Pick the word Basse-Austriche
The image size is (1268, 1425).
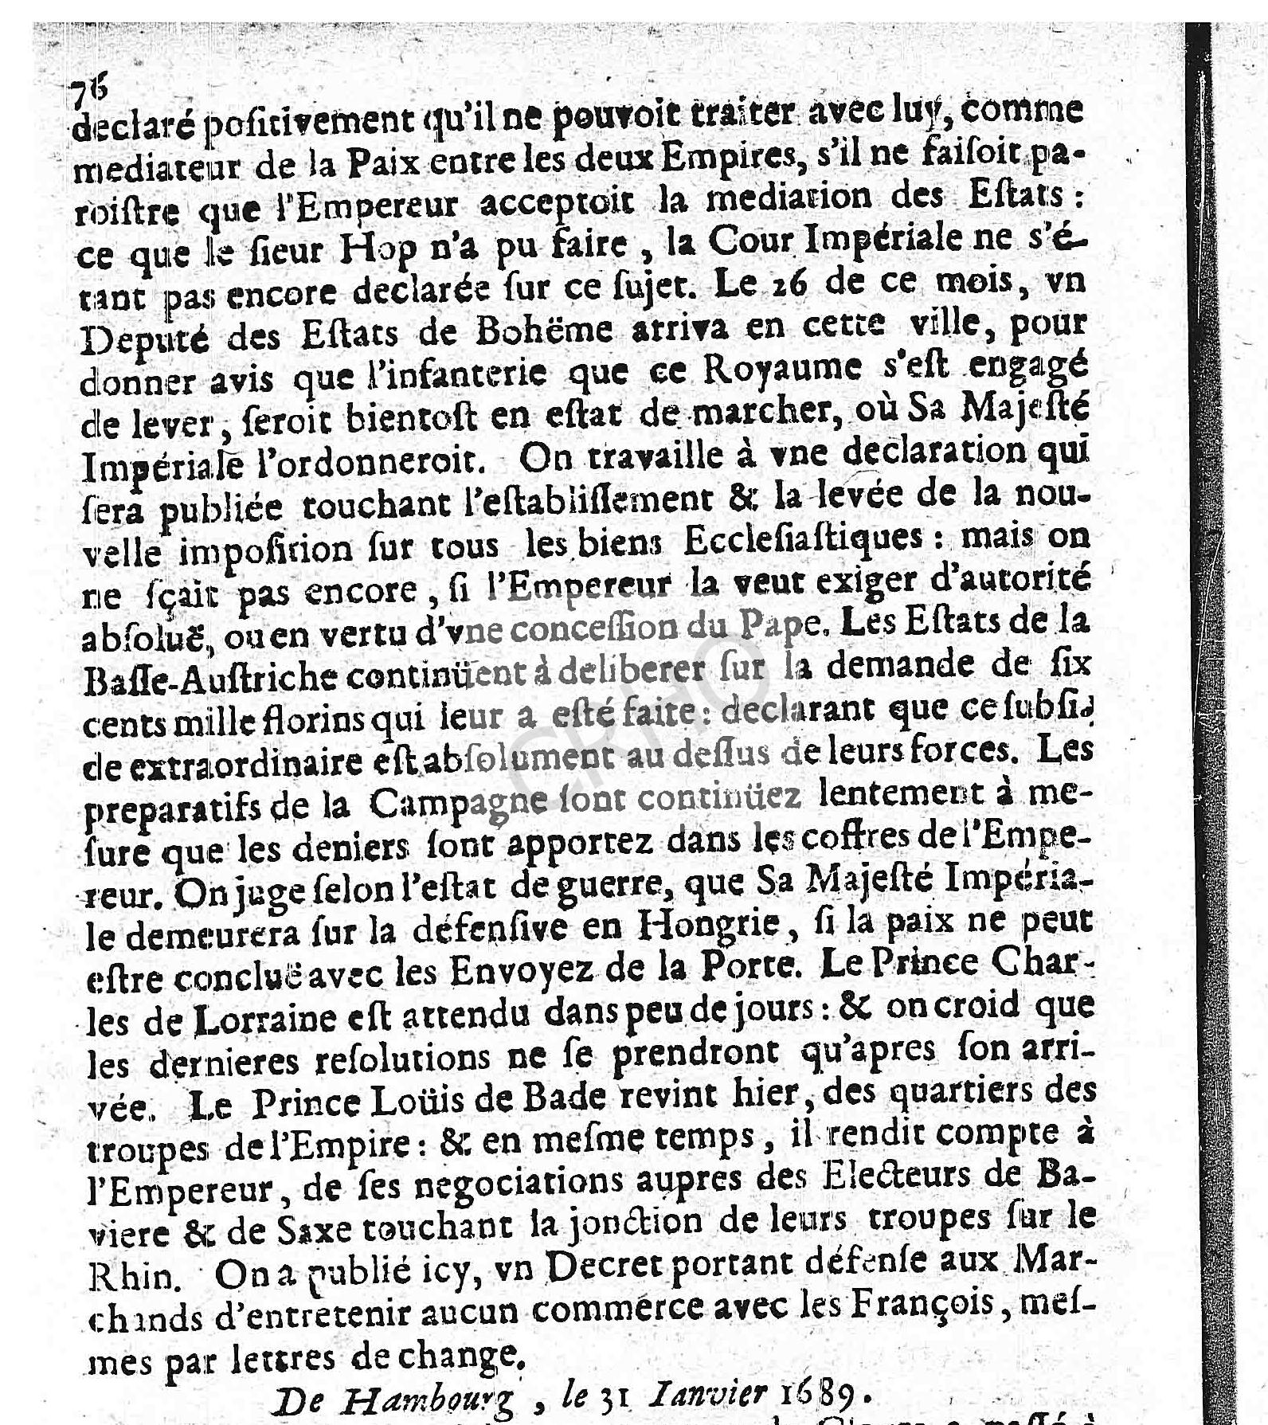213,676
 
